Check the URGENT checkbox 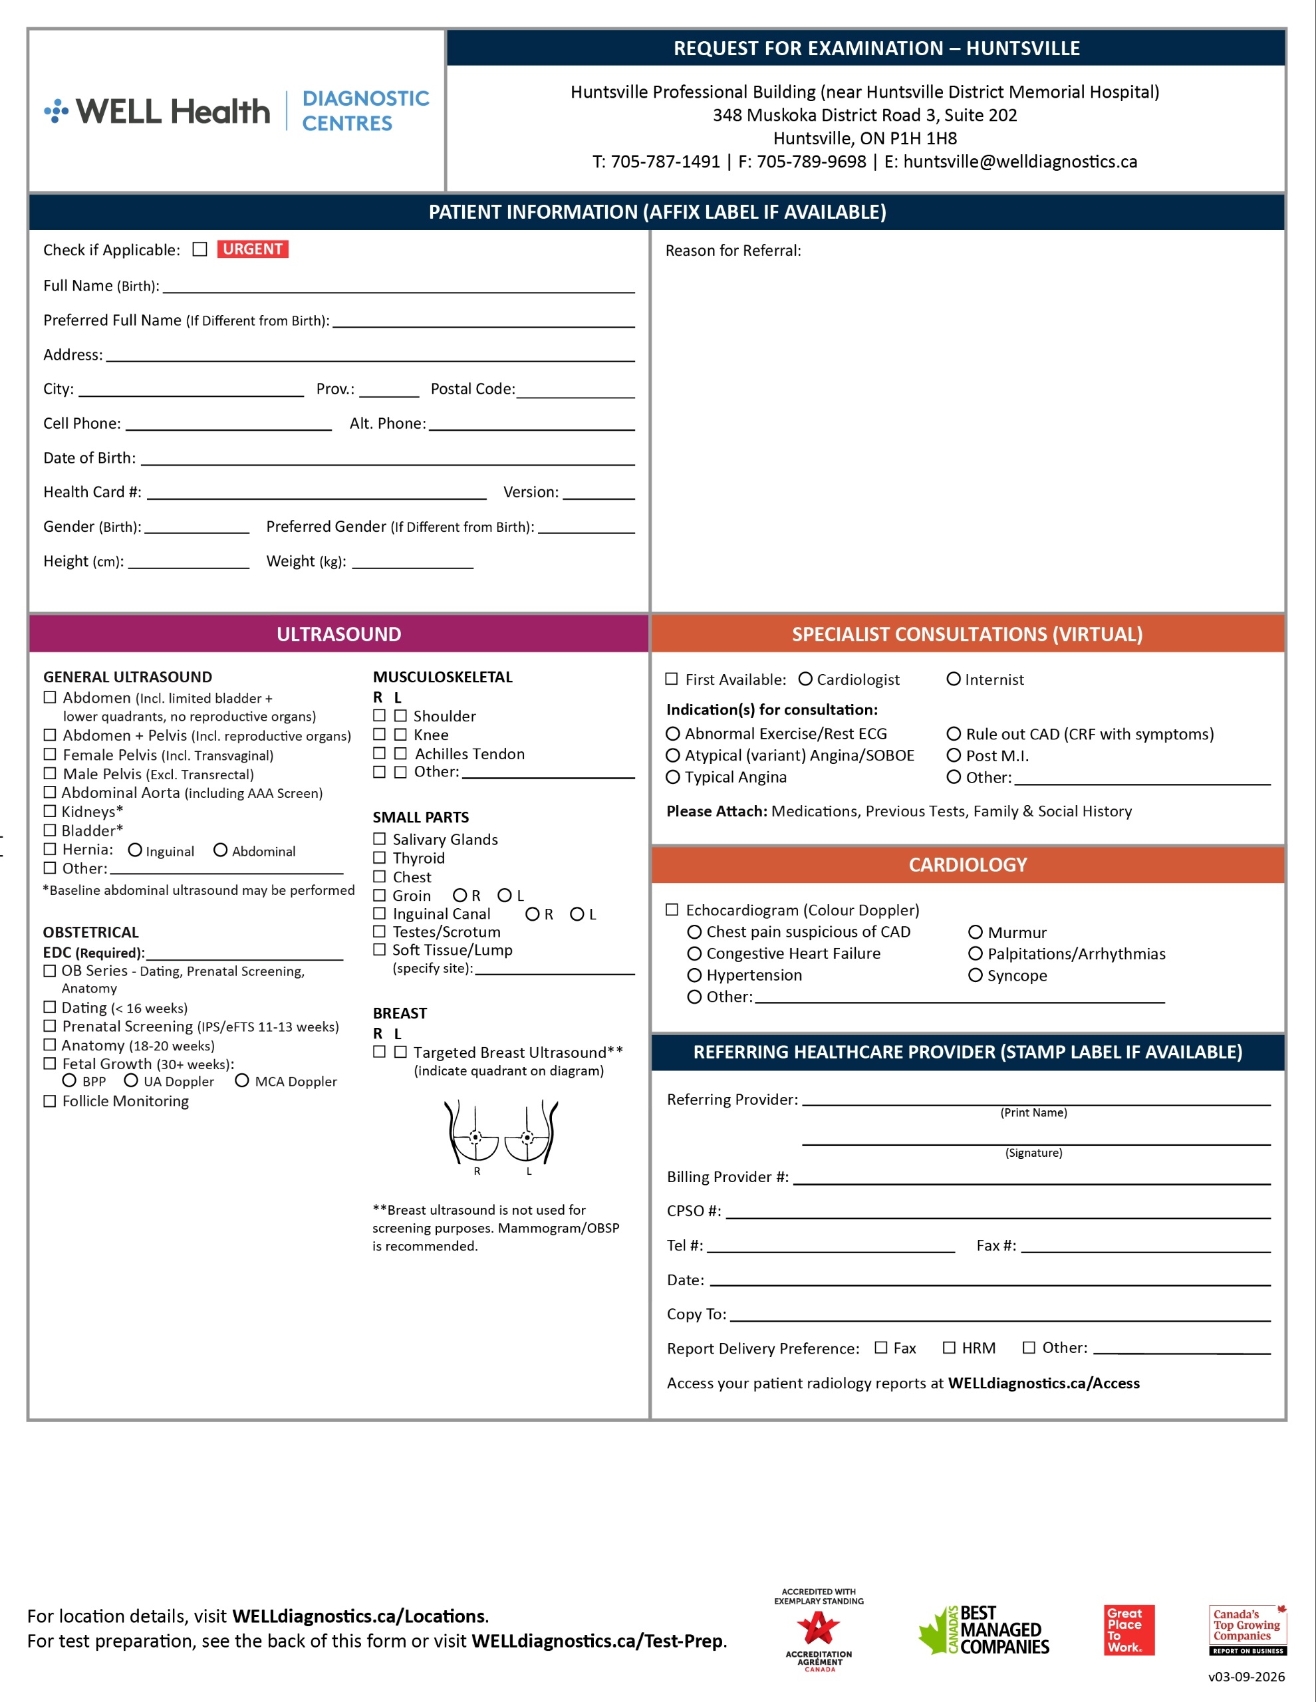click(x=200, y=249)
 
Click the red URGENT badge click(x=253, y=249)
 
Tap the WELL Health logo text click(x=172, y=112)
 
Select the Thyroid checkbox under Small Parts click(x=380, y=857)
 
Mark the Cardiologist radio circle click(x=805, y=679)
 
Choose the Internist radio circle click(x=954, y=679)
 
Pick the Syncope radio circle click(x=976, y=975)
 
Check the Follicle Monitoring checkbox click(x=50, y=1101)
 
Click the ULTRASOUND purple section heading click(x=338, y=634)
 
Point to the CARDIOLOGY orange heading click(x=968, y=864)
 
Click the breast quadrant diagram click(x=501, y=1134)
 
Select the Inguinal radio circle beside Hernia click(x=135, y=850)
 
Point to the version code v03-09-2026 click(x=1246, y=1676)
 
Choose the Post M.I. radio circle click(x=954, y=755)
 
